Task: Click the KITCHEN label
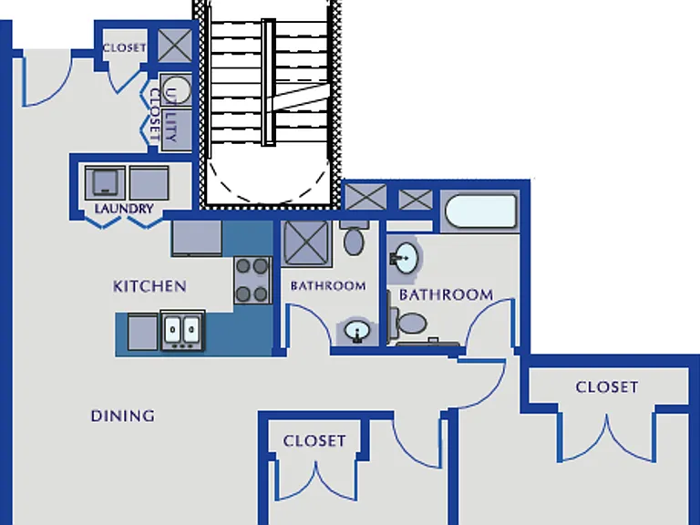[149, 286]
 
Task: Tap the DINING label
[123, 416]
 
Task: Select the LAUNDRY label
[124, 209]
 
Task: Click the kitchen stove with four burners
[252, 281]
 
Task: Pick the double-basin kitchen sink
[182, 330]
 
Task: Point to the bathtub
[481, 211]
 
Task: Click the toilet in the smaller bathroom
[355, 238]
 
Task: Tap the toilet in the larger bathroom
[407, 323]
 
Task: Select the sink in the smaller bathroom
[357, 331]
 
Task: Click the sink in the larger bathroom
[404, 258]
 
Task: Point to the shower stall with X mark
[306, 242]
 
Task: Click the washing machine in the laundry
[105, 183]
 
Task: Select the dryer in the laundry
[149, 183]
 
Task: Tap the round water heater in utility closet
[176, 89]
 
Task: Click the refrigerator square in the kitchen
[197, 238]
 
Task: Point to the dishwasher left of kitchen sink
[143, 332]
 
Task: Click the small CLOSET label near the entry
[125, 47]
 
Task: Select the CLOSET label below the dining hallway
[314, 441]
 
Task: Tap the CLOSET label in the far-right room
[607, 387]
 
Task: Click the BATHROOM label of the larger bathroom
[446, 294]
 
